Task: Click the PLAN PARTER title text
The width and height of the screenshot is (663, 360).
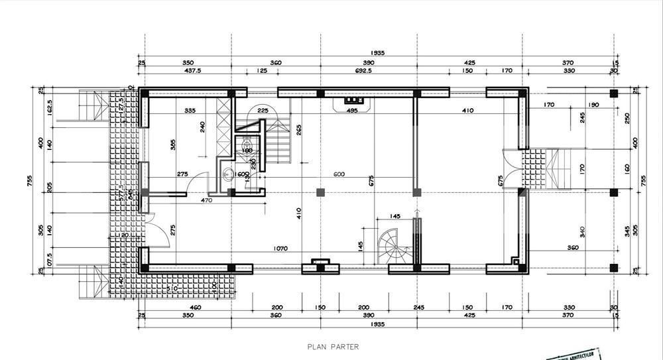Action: click(x=332, y=346)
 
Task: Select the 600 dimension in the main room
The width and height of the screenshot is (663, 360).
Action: click(x=339, y=174)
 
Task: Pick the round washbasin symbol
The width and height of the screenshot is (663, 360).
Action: click(x=228, y=175)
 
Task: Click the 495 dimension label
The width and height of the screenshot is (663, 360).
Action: click(x=352, y=111)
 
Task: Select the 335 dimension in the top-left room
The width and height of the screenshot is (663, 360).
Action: click(x=190, y=111)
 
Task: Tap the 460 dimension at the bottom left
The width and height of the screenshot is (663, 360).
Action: click(x=196, y=308)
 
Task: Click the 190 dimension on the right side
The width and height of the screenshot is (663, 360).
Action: click(x=593, y=105)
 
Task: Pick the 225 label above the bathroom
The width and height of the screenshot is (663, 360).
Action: click(x=263, y=111)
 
